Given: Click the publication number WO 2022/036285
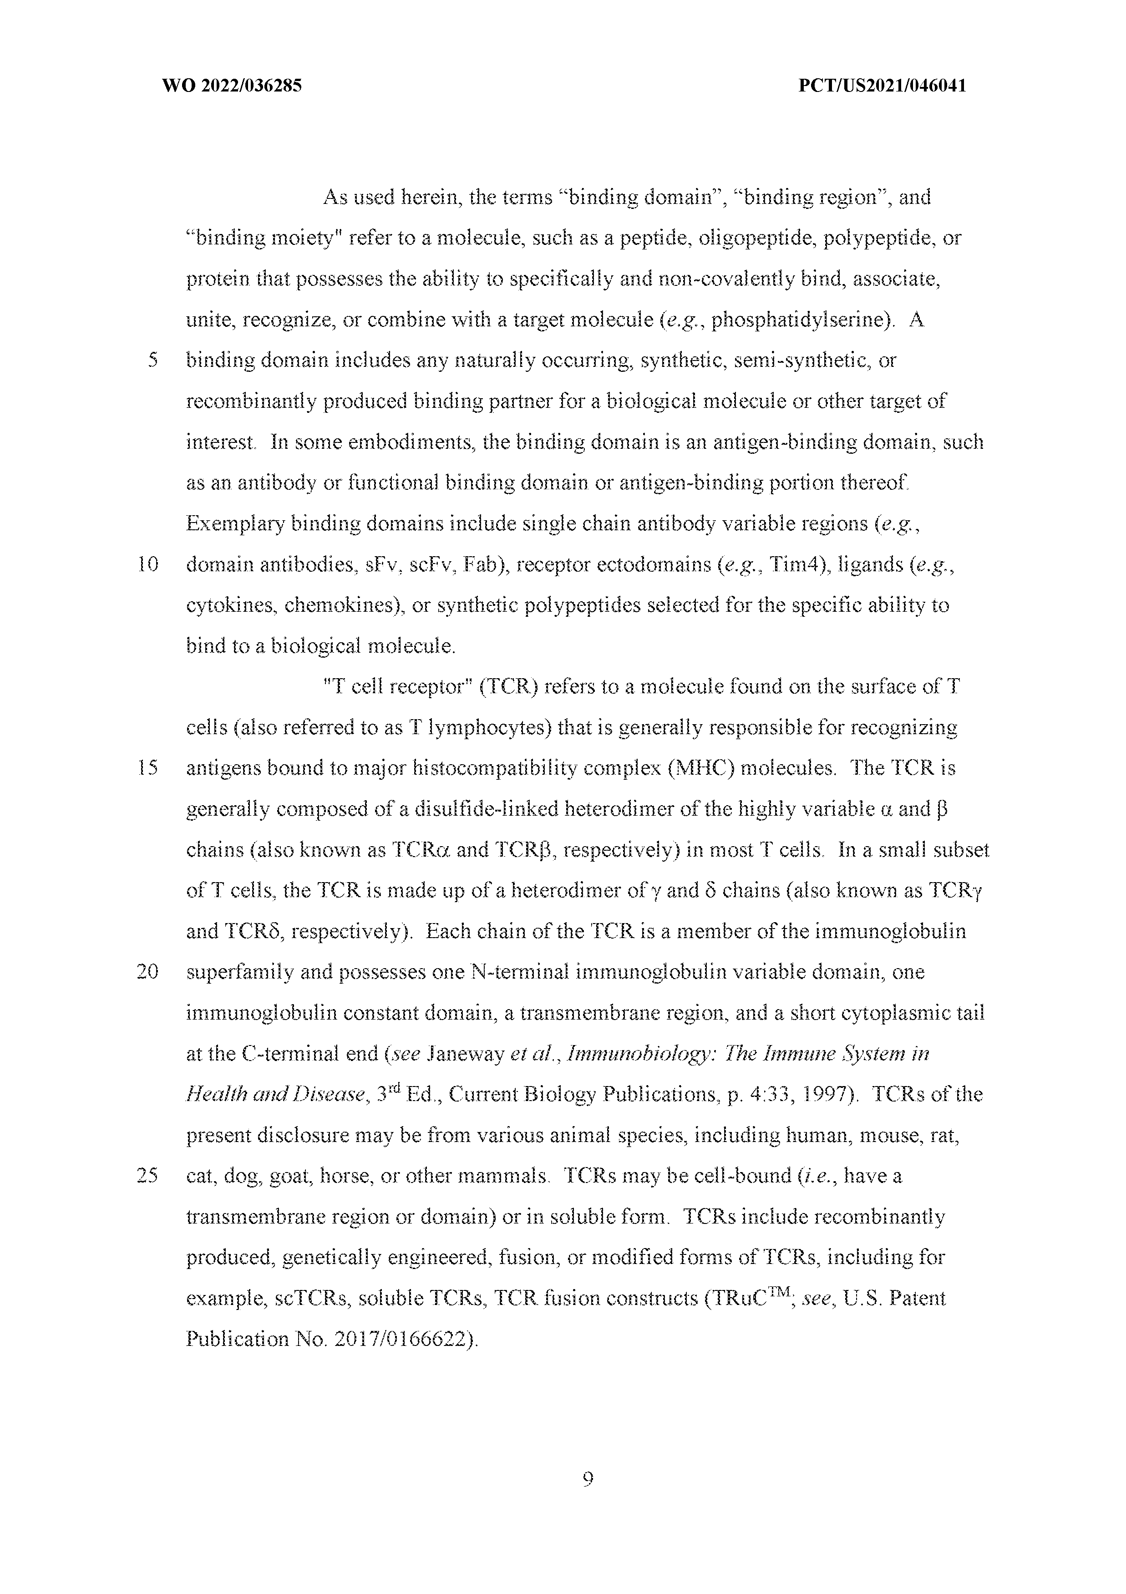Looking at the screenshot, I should [x=231, y=86].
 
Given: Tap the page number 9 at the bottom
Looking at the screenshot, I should [x=587, y=1479].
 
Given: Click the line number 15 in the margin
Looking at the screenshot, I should [x=148, y=768].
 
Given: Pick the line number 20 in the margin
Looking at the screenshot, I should [x=148, y=972].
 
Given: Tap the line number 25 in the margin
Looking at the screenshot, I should [x=148, y=1176].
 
